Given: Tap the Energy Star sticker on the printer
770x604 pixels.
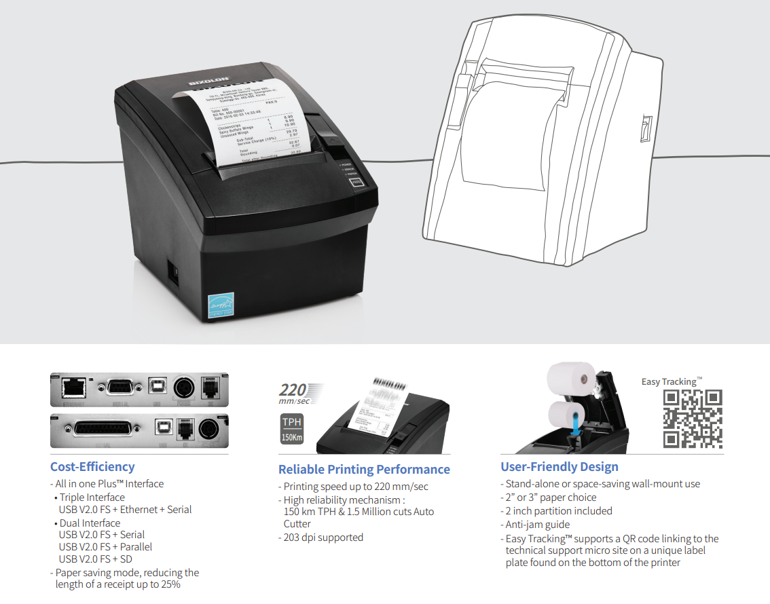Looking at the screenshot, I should click(220, 307).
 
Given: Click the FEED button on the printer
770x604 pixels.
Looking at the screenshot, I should click(356, 182).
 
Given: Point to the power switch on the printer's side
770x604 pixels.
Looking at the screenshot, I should click(174, 273).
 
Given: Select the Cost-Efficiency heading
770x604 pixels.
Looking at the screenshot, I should click(92, 467).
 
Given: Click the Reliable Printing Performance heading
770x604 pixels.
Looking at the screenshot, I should click(364, 470).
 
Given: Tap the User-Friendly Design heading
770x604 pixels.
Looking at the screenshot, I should click(560, 467).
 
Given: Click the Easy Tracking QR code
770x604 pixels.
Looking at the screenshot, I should click(692, 419).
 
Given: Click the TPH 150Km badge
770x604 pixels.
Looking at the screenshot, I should click(292, 430).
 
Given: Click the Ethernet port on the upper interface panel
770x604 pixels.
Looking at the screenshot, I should click(71, 388).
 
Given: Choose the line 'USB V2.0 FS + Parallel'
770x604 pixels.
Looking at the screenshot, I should click(105, 547).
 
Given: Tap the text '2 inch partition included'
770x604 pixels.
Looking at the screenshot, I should click(558, 511).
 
